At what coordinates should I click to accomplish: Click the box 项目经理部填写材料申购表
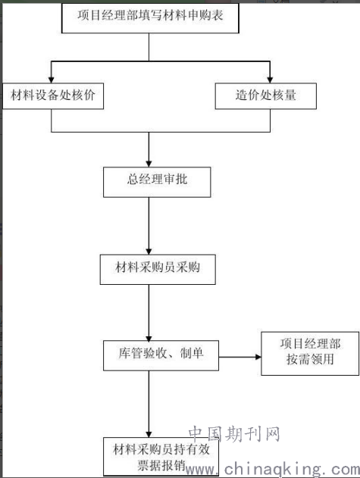(x=150, y=17)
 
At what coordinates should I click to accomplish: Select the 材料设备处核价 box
(x=53, y=95)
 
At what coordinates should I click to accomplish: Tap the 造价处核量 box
(x=266, y=95)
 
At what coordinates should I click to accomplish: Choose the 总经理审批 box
(x=157, y=182)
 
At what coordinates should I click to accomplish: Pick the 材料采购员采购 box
(x=158, y=270)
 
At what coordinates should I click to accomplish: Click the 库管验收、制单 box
(x=161, y=355)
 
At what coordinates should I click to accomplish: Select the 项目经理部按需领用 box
(x=310, y=353)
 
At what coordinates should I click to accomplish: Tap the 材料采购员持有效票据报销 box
(x=161, y=456)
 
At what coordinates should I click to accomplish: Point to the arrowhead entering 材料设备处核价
(x=52, y=80)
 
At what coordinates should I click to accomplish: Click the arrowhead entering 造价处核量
(x=270, y=80)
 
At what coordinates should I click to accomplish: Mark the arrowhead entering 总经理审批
(x=149, y=164)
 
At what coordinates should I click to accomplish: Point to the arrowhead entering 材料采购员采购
(x=149, y=251)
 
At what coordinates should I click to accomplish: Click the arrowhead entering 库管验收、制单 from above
(x=149, y=338)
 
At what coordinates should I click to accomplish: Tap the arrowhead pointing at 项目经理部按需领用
(x=258, y=357)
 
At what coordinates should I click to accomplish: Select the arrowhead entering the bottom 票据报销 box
(x=149, y=434)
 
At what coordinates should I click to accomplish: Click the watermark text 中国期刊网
(x=234, y=433)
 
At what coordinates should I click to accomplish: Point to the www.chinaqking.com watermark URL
(x=272, y=469)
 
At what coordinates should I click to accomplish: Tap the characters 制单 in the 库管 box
(x=192, y=353)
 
